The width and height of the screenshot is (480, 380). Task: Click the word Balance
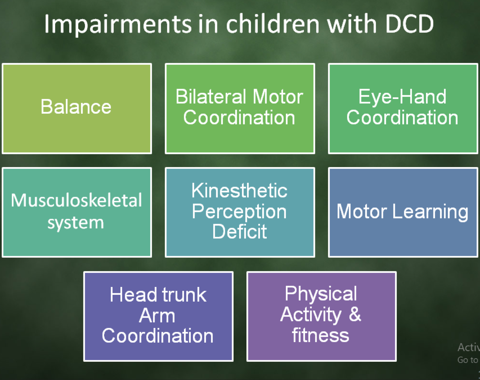(x=76, y=107)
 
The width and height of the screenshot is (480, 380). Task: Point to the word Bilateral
(x=212, y=97)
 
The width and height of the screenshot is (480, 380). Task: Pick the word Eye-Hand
(x=402, y=97)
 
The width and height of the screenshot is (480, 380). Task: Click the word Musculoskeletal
(x=76, y=200)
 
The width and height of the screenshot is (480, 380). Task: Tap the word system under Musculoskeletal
(x=76, y=223)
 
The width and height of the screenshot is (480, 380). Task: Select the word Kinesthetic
(x=239, y=190)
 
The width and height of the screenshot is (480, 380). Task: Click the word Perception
(x=239, y=212)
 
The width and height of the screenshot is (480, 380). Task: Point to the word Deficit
(x=239, y=232)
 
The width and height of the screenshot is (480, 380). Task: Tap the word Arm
(x=157, y=316)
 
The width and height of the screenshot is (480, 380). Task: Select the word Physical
(x=321, y=293)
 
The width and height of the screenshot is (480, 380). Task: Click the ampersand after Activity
(x=355, y=314)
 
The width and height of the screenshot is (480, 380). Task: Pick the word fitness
(x=320, y=335)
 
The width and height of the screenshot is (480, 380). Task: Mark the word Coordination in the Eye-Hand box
(x=402, y=117)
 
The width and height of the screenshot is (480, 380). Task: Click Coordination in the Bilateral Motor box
(x=239, y=117)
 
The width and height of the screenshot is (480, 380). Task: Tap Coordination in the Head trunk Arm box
(x=157, y=336)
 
